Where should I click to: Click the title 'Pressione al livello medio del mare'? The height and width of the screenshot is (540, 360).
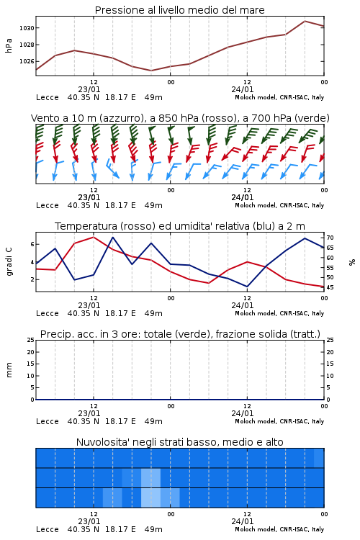(x=179, y=10)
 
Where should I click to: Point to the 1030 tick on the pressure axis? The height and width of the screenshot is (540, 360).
(x=27, y=28)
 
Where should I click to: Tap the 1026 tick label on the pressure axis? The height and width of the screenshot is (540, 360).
(x=27, y=61)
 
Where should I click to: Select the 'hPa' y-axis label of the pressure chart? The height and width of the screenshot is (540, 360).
(x=9, y=45)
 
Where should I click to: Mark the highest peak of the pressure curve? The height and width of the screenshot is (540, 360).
(x=305, y=21)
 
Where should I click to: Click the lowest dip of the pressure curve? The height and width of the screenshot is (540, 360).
(x=151, y=71)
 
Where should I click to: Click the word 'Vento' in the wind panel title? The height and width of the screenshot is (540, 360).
(x=42, y=118)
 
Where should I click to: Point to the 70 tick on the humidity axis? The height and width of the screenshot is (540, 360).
(x=330, y=238)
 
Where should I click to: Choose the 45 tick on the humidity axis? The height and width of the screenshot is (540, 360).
(x=330, y=287)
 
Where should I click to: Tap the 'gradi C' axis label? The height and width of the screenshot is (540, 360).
(x=9, y=262)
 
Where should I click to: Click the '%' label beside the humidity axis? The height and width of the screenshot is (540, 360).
(x=352, y=262)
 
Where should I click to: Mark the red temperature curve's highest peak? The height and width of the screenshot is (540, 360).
(x=94, y=237)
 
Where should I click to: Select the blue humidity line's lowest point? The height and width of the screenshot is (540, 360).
(x=247, y=286)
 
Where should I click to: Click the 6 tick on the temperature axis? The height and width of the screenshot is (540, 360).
(x=32, y=244)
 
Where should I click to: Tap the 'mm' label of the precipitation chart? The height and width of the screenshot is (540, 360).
(x=9, y=370)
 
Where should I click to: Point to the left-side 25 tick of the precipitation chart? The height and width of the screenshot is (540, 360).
(x=31, y=341)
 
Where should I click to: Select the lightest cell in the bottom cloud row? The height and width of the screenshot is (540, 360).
(x=151, y=498)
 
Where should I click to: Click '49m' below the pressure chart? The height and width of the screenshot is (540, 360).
(x=153, y=97)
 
